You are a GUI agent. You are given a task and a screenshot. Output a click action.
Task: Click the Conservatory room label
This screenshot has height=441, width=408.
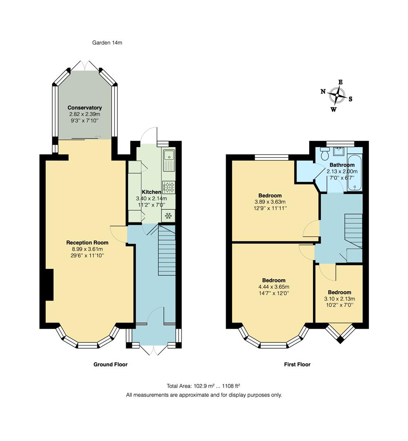(x=85, y=108)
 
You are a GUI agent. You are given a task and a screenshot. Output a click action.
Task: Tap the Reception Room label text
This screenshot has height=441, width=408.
(x=85, y=243)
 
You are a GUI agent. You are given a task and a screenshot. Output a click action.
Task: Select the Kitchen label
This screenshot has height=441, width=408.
(x=151, y=192)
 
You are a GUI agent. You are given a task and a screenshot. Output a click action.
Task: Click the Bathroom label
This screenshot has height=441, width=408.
(x=342, y=165)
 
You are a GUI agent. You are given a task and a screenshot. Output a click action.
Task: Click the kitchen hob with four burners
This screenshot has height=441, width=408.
(x=169, y=187)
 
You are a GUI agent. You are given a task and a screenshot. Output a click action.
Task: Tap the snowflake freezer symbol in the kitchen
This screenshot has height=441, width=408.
(x=169, y=215)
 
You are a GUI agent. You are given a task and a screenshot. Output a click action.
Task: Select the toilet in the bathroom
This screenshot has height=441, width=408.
(x=325, y=154)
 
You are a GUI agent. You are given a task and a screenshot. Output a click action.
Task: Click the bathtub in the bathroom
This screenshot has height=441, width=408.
(x=355, y=173)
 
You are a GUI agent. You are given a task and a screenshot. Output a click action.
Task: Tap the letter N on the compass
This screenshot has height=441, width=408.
(x=323, y=91)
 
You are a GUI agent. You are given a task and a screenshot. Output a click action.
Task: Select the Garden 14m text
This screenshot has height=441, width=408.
(x=107, y=42)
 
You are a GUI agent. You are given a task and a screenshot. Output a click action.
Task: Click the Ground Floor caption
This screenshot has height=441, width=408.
(x=111, y=364)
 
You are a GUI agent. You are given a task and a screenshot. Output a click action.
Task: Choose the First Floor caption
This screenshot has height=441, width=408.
(x=297, y=364)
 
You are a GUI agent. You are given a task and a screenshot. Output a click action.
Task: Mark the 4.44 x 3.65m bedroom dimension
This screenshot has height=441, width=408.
(x=273, y=287)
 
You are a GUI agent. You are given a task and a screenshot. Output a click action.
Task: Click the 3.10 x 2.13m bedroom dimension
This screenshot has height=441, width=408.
(x=339, y=298)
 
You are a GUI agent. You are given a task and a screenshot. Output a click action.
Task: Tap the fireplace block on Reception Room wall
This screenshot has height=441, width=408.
(x=49, y=285)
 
